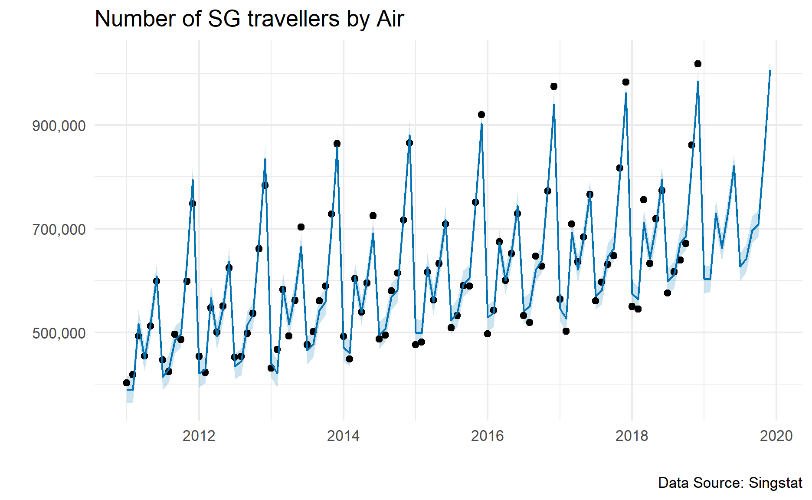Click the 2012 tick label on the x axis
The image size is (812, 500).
(x=199, y=436)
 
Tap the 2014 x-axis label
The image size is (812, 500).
(x=343, y=436)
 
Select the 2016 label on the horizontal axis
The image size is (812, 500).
(x=487, y=436)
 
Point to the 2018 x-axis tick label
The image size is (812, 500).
(x=632, y=436)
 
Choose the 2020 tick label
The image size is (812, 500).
(x=776, y=436)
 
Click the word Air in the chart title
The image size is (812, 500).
(x=390, y=19)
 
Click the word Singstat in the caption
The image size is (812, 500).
(x=776, y=483)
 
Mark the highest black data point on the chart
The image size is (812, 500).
(x=698, y=64)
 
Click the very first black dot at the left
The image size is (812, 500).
(x=127, y=383)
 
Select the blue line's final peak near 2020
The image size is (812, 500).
(x=770, y=70)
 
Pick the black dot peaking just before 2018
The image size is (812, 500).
(x=626, y=82)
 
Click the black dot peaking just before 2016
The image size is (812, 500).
(x=481, y=115)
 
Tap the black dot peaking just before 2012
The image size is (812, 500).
(x=193, y=204)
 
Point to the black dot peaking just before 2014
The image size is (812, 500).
(x=337, y=144)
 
